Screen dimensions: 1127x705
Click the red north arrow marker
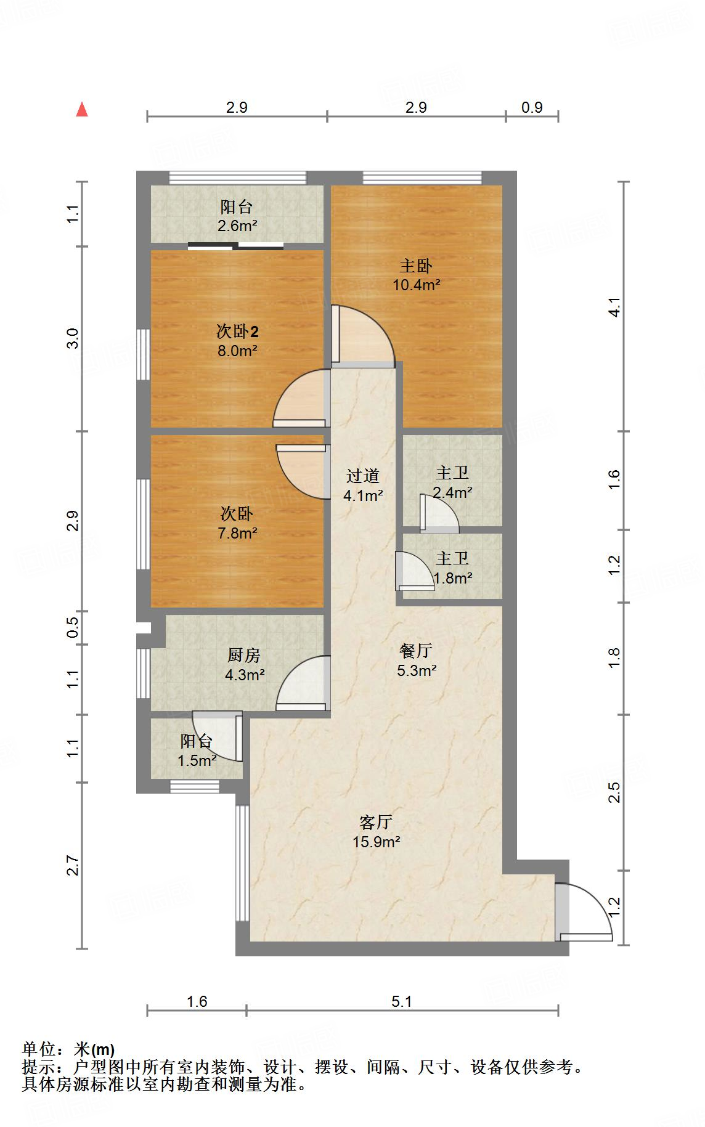pos(82,110)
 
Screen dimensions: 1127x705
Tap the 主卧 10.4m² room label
pos(416,275)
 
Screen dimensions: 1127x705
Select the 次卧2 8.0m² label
pos(237,341)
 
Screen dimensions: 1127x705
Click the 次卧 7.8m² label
pos(237,523)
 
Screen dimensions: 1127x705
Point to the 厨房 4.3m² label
pos(245,665)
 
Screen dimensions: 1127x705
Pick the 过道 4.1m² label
pos(363,485)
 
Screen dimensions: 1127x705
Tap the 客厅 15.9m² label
pos(376,832)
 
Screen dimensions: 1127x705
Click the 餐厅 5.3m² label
pos(416,660)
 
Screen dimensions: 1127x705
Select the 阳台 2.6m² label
pos(237,216)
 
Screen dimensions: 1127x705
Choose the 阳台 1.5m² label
pos(197,751)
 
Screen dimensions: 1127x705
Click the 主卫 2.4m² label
pos(452,482)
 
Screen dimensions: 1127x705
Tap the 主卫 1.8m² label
pos(452,568)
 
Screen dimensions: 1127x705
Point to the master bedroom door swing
pos(364,336)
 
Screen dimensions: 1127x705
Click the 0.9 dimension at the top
pos(532,107)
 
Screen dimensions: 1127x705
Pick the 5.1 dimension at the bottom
pos(401,1001)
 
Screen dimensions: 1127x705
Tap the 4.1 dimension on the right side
pos(613,306)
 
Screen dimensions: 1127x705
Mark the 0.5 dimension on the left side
pos(73,627)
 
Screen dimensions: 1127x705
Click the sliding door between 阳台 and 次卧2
pos(236,246)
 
